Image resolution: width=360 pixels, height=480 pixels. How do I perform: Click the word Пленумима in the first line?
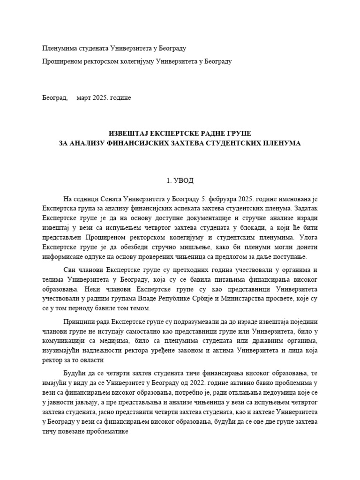(x=59, y=48)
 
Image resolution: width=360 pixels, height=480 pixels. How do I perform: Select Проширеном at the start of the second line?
(x=61, y=61)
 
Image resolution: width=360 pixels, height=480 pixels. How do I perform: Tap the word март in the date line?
(x=84, y=98)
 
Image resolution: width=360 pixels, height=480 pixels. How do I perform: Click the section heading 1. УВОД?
(x=180, y=180)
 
